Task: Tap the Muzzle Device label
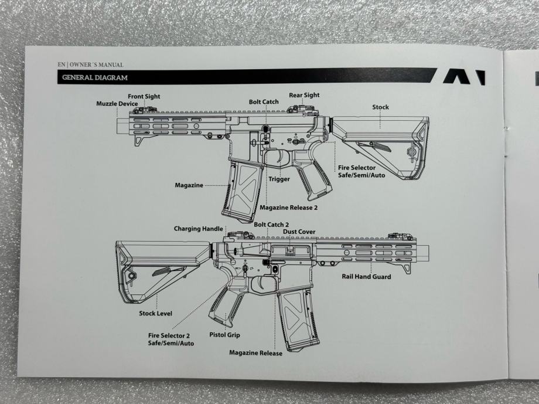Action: click(117, 104)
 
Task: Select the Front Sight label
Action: click(144, 96)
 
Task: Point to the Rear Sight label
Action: click(304, 95)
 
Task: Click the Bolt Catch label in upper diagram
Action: click(264, 101)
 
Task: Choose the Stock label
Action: click(380, 107)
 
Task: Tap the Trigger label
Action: click(279, 179)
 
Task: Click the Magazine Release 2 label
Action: click(288, 208)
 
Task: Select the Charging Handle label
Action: click(199, 229)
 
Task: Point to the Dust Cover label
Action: click(299, 232)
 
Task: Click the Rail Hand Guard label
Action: click(367, 276)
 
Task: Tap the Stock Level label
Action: click(155, 313)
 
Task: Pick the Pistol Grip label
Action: click(224, 335)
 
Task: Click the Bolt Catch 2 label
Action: click(271, 225)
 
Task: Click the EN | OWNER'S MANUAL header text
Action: click(90, 64)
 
